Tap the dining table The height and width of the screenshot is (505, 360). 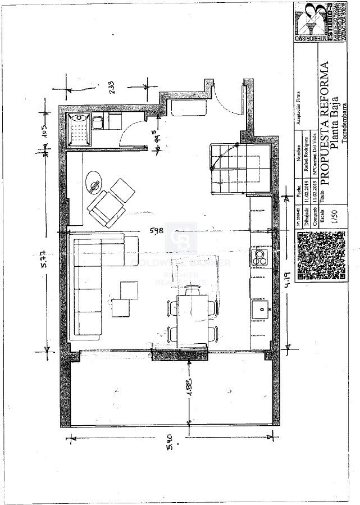point(192,316)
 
